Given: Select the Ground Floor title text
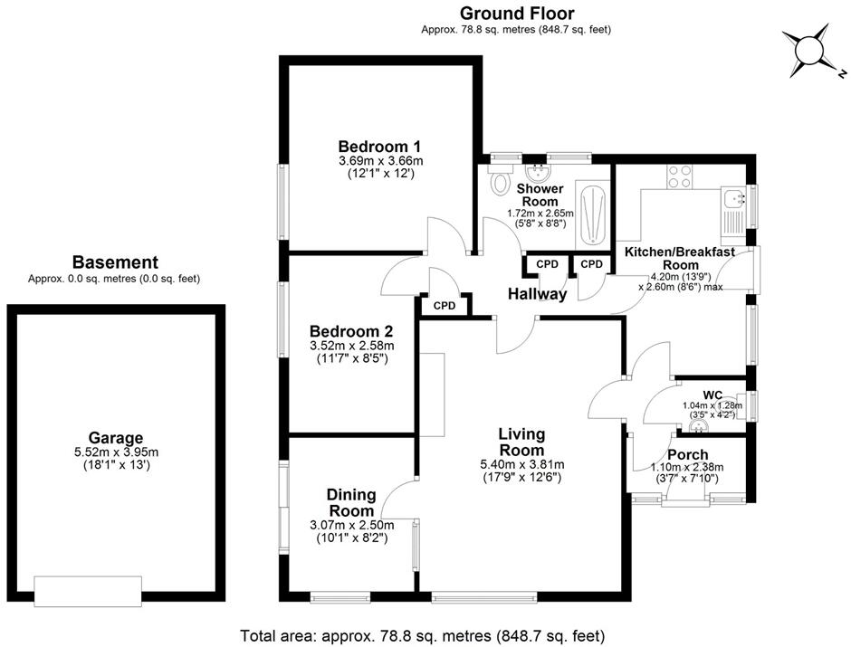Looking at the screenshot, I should [x=516, y=14].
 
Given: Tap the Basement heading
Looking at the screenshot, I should [x=115, y=262].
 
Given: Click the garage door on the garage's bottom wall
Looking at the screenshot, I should [x=88, y=590].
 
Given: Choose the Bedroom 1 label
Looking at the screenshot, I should [x=379, y=147].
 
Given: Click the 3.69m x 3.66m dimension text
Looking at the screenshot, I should [x=379, y=161].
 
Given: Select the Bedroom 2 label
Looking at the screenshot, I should [x=350, y=330].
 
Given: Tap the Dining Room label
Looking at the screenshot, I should [x=351, y=502].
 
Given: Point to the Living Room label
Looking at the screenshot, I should [x=521, y=442].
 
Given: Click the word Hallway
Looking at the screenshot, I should [x=537, y=294].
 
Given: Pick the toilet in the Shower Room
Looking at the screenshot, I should [x=498, y=182].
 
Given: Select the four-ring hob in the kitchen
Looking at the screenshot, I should [x=680, y=176].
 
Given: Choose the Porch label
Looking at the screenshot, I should [x=687, y=454].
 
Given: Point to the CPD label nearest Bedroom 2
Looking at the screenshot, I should [x=444, y=306].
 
